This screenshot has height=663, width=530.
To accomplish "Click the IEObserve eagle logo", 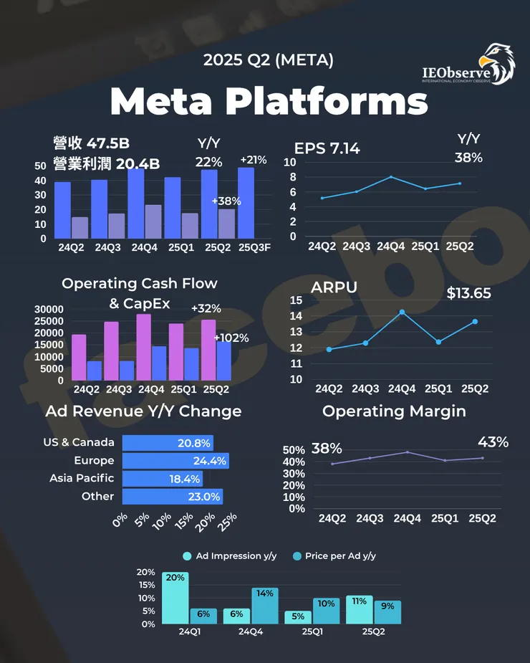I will [x=497, y=65].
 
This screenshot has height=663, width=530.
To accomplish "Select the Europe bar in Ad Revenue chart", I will [x=175, y=460].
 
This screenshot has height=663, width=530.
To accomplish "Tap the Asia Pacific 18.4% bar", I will [x=163, y=478].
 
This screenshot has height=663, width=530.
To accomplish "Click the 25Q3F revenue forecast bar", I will [x=246, y=203].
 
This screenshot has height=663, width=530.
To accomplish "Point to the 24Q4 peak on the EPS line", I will [x=390, y=176].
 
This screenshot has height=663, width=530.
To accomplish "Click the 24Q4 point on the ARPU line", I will [x=402, y=312].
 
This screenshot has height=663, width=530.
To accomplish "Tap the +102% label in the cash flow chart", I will [x=231, y=338].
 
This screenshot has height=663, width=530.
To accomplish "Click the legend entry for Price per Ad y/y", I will [x=334, y=555].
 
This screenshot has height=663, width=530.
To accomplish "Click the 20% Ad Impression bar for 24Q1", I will [x=175, y=598].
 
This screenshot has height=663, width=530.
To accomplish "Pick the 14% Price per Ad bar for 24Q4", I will [x=264, y=606].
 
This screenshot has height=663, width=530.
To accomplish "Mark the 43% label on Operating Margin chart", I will [x=493, y=442].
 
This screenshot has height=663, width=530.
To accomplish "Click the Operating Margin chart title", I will [x=394, y=411].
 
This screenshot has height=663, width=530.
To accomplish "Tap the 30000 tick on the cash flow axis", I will [x=49, y=309].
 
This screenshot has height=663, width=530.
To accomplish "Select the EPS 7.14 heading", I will [x=327, y=148].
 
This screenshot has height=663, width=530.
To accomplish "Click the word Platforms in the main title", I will [x=327, y=102].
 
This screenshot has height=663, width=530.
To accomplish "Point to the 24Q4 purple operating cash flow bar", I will [x=144, y=347].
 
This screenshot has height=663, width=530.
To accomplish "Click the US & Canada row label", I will [x=78, y=443].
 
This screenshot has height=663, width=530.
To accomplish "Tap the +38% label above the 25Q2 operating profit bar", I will [x=226, y=201].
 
